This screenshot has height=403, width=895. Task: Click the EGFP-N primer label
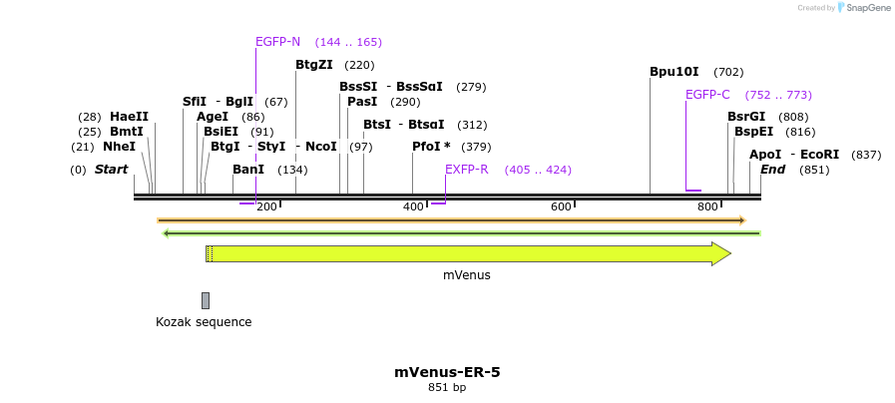(x=277, y=42)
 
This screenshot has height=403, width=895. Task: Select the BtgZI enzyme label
(x=313, y=65)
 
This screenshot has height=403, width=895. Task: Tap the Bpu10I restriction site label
(x=674, y=72)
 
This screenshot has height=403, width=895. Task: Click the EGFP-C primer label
(x=707, y=95)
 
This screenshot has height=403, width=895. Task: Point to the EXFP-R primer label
(x=466, y=170)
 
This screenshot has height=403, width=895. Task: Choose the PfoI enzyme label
(x=431, y=147)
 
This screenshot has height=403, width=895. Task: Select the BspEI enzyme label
(x=753, y=132)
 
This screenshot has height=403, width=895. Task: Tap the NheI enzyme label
(x=119, y=147)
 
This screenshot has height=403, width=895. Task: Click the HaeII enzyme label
(x=129, y=117)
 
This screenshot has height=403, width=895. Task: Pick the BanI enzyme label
(x=248, y=170)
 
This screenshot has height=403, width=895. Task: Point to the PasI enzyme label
(x=362, y=102)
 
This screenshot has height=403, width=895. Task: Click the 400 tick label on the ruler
(x=413, y=206)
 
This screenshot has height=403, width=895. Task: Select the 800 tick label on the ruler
(x=707, y=206)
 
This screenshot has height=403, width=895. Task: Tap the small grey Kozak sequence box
(x=206, y=300)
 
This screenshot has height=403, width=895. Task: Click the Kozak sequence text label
(x=204, y=322)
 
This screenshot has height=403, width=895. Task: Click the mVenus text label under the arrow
(x=467, y=275)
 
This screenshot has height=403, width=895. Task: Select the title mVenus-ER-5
(x=447, y=372)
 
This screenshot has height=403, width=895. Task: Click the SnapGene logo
(x=864, y=8)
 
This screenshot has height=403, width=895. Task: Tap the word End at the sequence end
(x=772, y=170)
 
